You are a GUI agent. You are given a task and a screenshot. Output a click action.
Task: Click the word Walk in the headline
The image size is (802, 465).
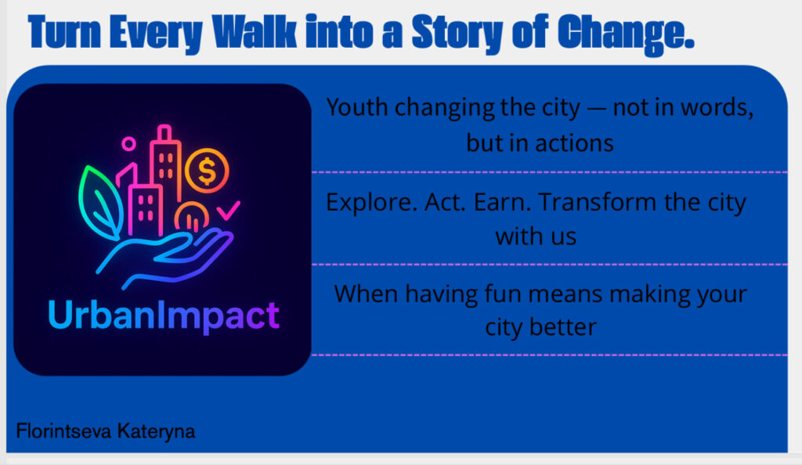click(255, 32)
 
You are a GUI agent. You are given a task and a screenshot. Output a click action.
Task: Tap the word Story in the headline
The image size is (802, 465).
click(457, 33)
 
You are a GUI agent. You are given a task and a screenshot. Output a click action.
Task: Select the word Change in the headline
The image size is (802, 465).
click(626, 34)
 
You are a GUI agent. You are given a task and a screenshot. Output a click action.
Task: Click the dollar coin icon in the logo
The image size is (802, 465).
click(207, 171)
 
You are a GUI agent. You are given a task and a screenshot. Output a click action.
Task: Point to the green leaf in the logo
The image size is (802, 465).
click(99, 202)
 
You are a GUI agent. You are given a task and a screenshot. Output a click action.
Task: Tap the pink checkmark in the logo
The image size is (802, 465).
click(228, 210)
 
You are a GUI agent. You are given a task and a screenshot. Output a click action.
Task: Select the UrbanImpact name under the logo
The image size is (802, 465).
click(164, 315)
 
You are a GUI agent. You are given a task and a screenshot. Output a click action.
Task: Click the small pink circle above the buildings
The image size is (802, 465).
click(128, 143)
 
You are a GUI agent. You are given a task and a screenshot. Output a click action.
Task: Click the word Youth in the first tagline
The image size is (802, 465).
click(357, 107)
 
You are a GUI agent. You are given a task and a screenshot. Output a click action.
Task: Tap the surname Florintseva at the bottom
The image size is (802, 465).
click(63, 431)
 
